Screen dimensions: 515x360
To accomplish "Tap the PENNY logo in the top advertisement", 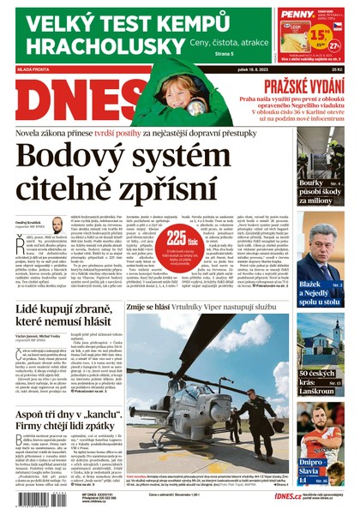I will pyautogui.click(x=293, y=15).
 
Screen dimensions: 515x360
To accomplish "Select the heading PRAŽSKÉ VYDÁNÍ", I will pyautogui.click(x=306, y=86).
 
